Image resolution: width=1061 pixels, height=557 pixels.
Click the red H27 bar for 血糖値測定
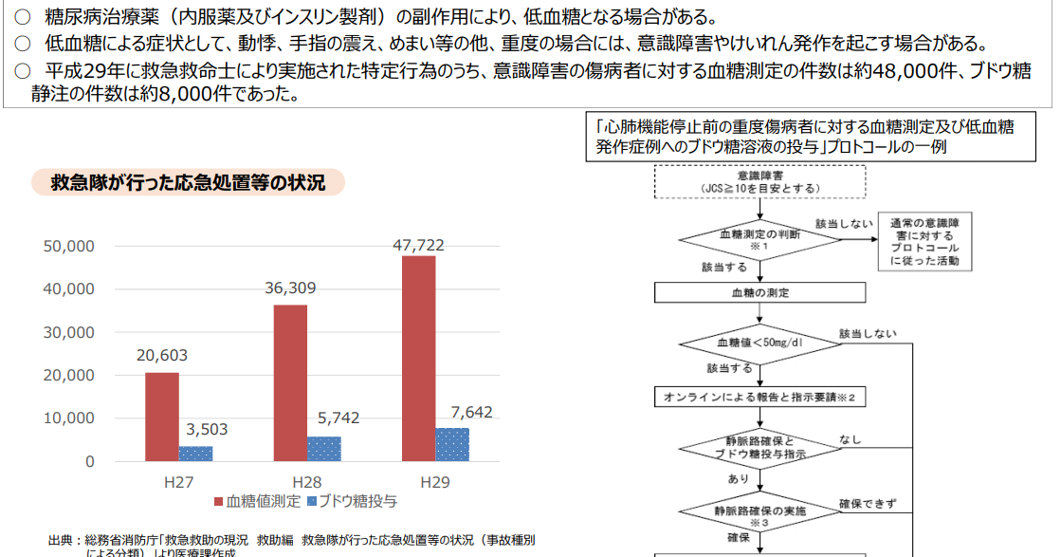(x=161, y=417)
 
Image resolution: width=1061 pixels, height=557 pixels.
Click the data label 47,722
(x=418, y=245)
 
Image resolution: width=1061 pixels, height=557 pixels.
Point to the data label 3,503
(x=206, y=430)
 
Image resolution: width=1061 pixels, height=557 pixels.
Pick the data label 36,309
(x=290, y=288)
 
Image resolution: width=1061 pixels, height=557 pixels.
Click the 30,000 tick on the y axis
(x=69, y=332)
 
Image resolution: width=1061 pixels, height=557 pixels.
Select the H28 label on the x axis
(x=306, y=482)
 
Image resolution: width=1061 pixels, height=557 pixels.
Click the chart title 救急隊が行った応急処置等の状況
(x=188, y=183)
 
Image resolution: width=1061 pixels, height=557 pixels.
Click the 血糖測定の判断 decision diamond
(x=759, y=238)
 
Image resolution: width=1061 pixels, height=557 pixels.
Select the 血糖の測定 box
(x=759, y=293)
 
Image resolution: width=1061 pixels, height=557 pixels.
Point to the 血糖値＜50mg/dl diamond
(x=759, y=342)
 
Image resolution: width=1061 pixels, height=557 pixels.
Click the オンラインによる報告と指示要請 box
(x=759, y=397)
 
